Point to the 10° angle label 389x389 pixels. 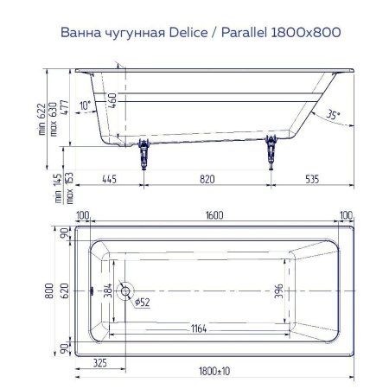coord(84,105)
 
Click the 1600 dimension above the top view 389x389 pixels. coord(214,217)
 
